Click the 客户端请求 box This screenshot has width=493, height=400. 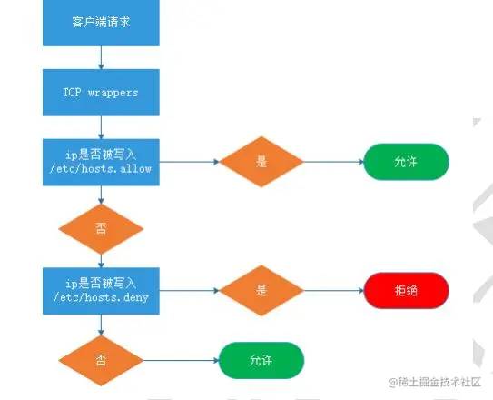(101, 22)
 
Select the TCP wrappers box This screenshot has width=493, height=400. (101, 93)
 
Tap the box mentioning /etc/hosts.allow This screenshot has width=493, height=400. (101, 162)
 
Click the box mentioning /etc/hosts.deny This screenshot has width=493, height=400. (101, 291)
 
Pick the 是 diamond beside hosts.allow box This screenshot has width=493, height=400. (261, 162)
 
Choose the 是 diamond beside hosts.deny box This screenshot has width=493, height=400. (261, 291)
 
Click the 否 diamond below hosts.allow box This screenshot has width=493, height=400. (101, 226)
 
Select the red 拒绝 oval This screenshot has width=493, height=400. (406, 291)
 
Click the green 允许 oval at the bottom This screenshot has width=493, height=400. (261, 360)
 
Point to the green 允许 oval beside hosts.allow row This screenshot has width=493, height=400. (406, 162)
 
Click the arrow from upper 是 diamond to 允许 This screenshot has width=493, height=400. (333, 162)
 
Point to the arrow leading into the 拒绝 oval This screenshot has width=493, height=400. (333, 291)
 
